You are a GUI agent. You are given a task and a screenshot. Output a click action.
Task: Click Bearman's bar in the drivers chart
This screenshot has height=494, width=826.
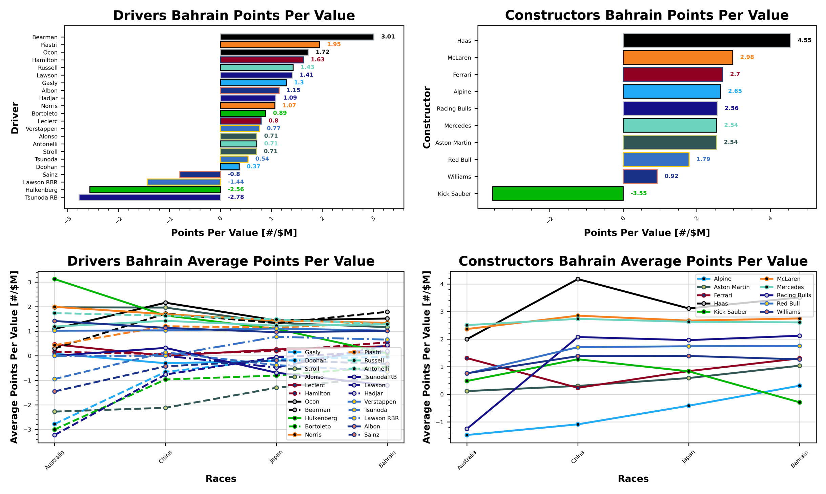click(x=297, y=37)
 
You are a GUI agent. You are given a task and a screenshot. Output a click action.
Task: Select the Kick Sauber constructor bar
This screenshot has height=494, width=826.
click(x=557, y=193)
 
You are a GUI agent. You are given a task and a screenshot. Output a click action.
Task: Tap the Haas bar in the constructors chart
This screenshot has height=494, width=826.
click(x=706, y=40)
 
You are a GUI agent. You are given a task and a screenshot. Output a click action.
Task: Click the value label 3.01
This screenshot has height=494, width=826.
click(x=388, y=37)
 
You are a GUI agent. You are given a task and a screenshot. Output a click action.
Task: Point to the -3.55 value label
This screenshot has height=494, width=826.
click(x=638, y=193)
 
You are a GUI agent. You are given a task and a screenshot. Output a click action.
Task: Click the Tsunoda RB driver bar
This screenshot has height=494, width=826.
click(x=149, y=197)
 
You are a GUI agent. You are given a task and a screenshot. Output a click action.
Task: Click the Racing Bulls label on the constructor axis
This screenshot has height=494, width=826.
click(x=454, y=108)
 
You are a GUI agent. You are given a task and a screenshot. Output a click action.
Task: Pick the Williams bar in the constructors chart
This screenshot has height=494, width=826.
click(x=640, y=177)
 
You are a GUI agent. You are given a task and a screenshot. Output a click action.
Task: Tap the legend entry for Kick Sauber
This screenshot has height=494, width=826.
click(x=730, y=312)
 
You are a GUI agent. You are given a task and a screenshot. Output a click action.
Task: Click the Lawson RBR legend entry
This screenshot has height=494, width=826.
click(x=381, y=418)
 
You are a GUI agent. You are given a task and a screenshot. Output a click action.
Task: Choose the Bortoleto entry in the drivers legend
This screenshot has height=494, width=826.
click(x=317, y=426)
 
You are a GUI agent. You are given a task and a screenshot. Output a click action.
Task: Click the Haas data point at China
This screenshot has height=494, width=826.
click(x=578, y=279)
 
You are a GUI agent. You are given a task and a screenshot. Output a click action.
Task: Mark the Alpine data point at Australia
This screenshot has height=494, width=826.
click(x=467, y=435)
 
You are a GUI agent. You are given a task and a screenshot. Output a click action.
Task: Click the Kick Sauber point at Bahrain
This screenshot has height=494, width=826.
click(x=800, y=402)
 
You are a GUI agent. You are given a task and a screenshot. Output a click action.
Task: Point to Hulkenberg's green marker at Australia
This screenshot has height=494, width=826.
click(x=55, y=279)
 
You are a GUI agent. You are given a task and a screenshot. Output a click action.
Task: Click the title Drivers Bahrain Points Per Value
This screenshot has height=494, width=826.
click(x=234, y=16)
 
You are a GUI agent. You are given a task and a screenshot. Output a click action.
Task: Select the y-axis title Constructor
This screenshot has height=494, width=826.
click(x=427, y=117)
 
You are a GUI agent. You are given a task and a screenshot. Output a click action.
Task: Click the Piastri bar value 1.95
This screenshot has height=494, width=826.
click(x=334, y=44)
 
